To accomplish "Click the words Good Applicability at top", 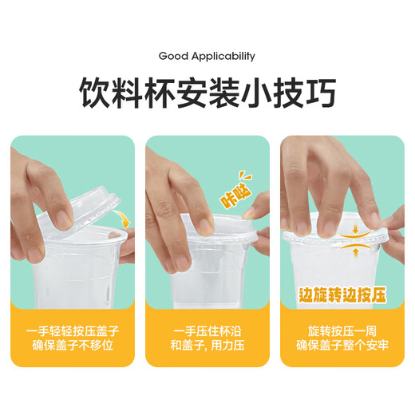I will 207,56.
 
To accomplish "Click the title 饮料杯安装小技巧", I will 207,93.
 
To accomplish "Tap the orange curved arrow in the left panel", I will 122,218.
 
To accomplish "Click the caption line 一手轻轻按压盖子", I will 73,330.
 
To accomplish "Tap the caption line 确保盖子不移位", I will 73,346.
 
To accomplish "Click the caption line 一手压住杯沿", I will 207,330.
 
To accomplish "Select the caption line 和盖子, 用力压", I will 207,346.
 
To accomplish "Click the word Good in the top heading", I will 172,56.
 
